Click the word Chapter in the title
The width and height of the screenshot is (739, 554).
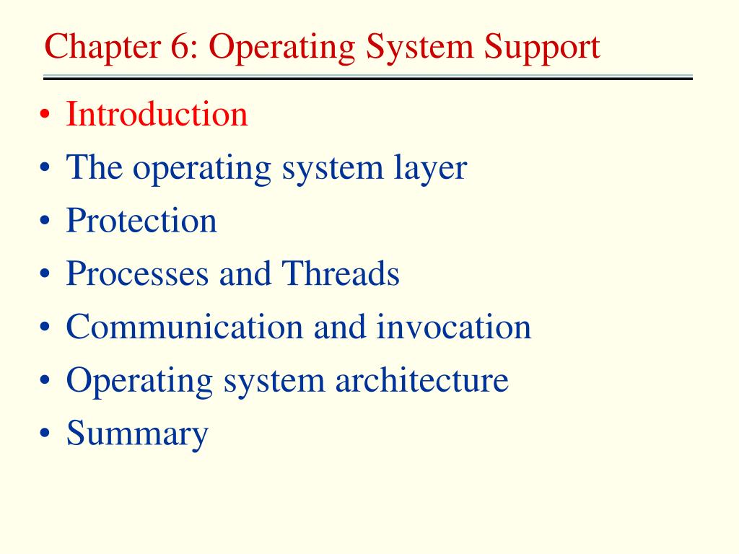(x=102, y=47)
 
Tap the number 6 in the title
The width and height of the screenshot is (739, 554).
(x=180, y=46)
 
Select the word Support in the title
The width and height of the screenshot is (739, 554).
(x=542, y=48)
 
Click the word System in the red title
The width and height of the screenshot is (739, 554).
(x=419, y=48)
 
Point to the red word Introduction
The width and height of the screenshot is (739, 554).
(x=157, y=114)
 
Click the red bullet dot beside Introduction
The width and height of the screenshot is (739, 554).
(x=45, y=114)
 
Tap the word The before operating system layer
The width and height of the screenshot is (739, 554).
(x=95, y=167)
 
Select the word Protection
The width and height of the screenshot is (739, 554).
(x=141, y=221)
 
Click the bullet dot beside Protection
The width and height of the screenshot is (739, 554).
(x=45, y=221)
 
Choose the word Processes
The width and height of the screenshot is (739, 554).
(x=137, y=273)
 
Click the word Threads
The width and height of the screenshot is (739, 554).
(x=341, y=273)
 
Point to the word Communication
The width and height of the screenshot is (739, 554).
(x=185, y=327)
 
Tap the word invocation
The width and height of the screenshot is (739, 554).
(x=453, y=327)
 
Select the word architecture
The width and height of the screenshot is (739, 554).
(x=421, y=380)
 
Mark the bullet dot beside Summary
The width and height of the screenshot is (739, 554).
(x=45, y=434)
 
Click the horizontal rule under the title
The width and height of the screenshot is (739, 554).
(x=367, y=77)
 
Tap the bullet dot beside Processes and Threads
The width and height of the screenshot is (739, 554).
(x=45, y=273)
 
